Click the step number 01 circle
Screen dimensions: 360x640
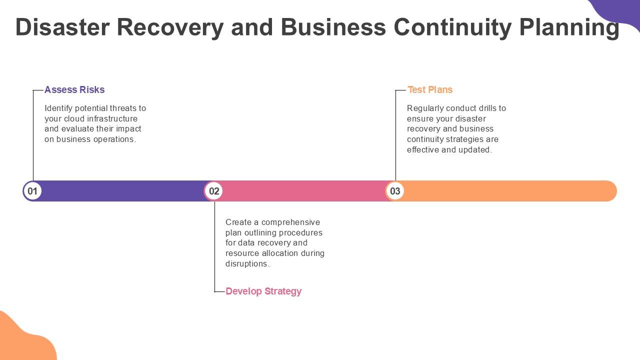coord(32,191)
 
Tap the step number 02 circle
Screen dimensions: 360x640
coord(214,191)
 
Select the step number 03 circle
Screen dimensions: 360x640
coord(395,191)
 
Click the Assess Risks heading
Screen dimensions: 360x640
coord(74,90)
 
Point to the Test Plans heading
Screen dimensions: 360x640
coord(430,90)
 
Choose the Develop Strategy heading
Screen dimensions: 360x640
coord(263,291)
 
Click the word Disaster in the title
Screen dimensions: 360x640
coord(62,27)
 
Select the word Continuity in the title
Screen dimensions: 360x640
coord(453,27)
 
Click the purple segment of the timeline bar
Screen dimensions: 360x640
coord(120,191)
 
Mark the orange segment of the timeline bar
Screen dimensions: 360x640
coord(505,191)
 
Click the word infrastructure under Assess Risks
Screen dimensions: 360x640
coord(112,118)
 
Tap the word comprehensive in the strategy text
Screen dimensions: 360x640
coord(290,222)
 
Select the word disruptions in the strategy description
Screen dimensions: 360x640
coord(247,263)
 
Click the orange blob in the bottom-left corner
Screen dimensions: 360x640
coord(22,340)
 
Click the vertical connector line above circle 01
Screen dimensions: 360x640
coord(33,135)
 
